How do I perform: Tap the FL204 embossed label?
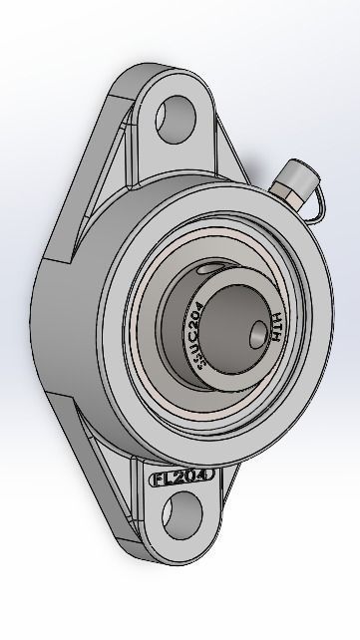(182, 478)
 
